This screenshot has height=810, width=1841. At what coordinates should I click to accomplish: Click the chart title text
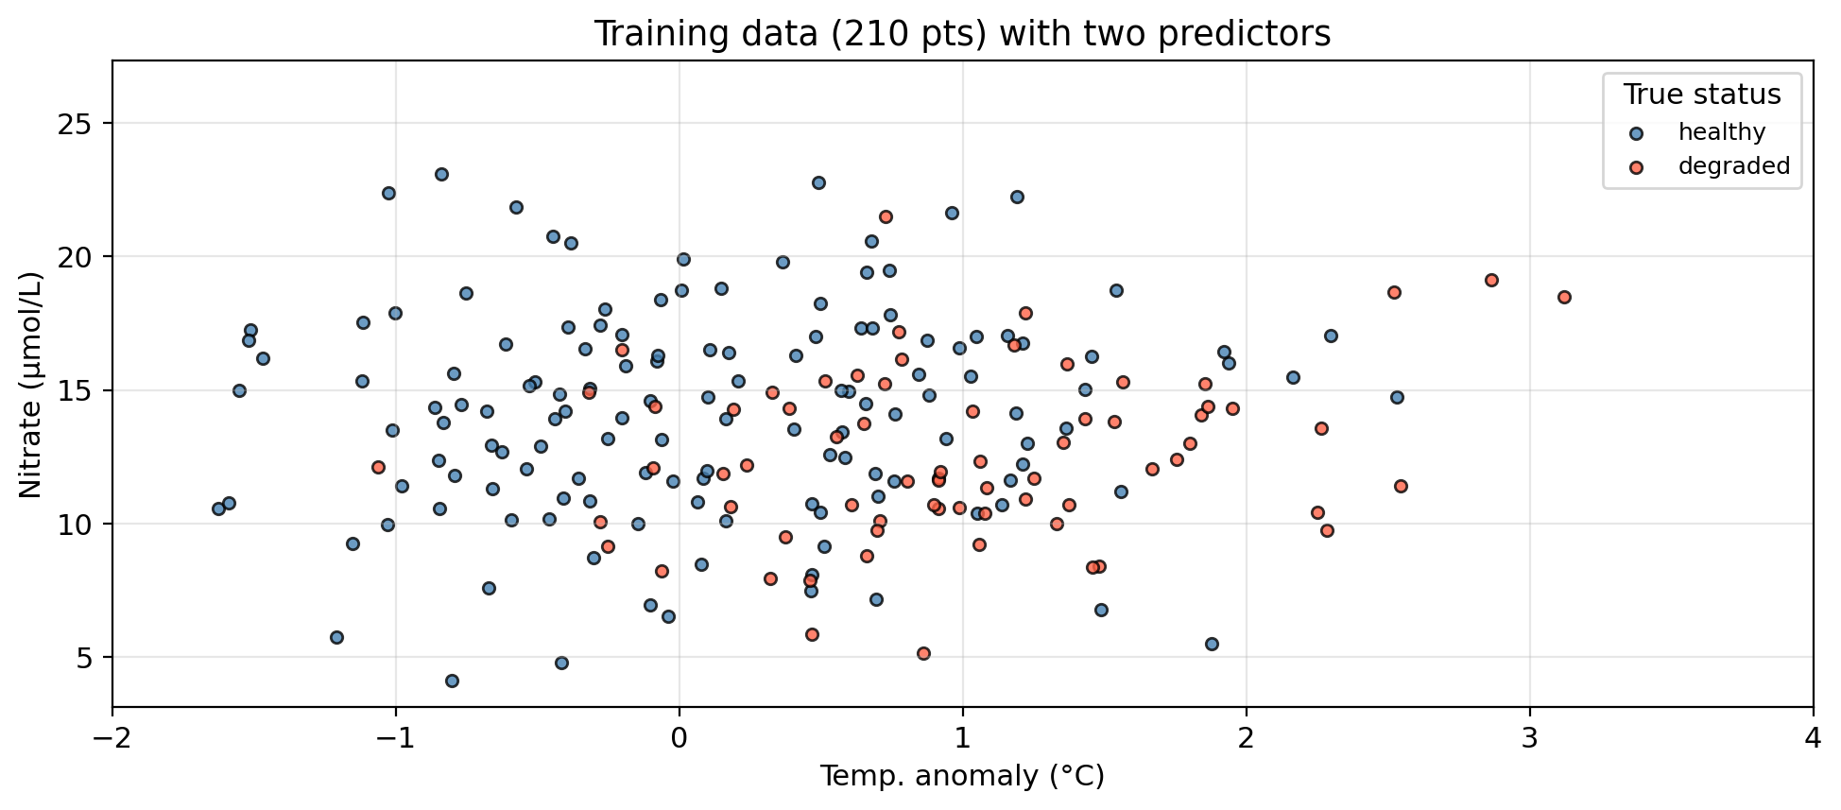[x=961, y=34]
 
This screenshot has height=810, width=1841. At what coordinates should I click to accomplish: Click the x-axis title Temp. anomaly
[x=961, y=777]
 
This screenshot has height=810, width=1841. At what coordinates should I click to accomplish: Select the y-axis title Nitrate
[x=31, y=384]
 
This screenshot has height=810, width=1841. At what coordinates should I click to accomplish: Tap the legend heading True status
[x=1701, y=95]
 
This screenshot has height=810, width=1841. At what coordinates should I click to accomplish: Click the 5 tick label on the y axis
[x=94, y=657]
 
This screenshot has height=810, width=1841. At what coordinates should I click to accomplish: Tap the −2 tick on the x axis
[x=112, y=736]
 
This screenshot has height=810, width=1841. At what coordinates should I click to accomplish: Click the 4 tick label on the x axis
[x=1813, y=736]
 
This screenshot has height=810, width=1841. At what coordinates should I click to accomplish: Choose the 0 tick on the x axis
[x=680, y=736]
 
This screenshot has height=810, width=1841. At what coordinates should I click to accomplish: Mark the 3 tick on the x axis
[x=1529, y=736]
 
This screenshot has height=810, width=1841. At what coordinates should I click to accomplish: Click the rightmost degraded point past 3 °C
[x=1564, y=297]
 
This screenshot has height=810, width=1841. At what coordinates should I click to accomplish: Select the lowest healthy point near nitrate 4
[x=452, y=681]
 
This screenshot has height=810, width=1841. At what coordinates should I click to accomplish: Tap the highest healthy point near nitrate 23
[x=441, y=174]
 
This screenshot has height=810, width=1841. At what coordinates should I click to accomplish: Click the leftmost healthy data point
[x=218, y=508]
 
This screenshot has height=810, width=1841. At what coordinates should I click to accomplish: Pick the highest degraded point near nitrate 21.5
[x=886, y=216]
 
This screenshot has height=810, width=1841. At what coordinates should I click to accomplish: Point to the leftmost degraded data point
[x=378, y=467]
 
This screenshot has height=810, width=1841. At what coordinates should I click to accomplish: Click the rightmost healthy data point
[x=1397, y=397]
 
